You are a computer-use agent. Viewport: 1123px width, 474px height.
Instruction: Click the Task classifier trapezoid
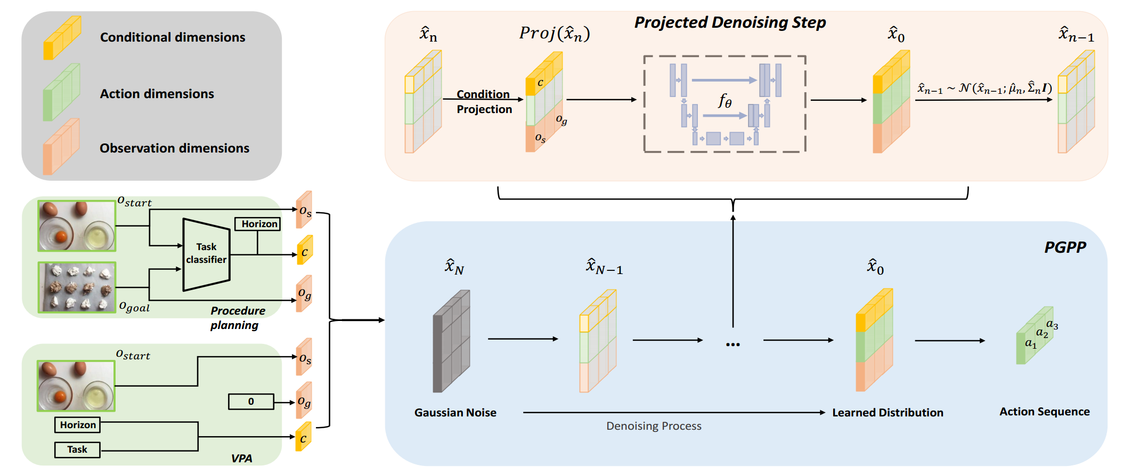pyautogui.click(x=206, y=254)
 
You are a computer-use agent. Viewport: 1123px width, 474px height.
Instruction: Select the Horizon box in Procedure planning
pyautogui.click(x=258, y=224)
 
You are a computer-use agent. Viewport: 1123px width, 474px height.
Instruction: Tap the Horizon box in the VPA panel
pyautogui.click(x=77, y=425)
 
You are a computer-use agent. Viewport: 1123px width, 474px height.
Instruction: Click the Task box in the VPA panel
pyautogui.click(x=77, y=449)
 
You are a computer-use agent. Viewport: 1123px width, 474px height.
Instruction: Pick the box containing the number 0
pyautogui.click(x=251, y=401)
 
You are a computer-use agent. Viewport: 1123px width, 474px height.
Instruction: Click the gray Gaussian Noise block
pyautogui.click(x=451, y=341)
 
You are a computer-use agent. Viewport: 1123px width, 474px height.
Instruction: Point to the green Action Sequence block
pyautogui.click(x=1035, y=336)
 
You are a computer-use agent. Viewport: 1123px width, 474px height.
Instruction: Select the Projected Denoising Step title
pyautogui.click(x=730, y=22)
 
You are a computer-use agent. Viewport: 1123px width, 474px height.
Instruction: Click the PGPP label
pyautogui.click(x=1064, y=247)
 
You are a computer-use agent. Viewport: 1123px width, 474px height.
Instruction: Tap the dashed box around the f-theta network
pyautogui.click(x=725, y=104)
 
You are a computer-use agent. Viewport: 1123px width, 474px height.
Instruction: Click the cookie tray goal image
pyautogui.click(x=77, y=287)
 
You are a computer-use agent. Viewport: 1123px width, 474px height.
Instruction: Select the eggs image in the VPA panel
pyautogui.click(x=76, y=386)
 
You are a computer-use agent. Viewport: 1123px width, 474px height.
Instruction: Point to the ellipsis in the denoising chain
pyautogui.click(x=733, y=344)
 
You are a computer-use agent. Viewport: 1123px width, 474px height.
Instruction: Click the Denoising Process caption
pyautogui.click(x=654, y=426)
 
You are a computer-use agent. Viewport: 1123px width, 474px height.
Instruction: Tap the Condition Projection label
pyautogui.click(x=484, y=102)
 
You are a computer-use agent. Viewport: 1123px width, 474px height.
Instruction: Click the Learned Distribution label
pyautogui.click(x=888, y=412)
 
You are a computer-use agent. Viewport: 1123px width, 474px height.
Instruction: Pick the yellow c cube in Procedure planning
pyautogui.click(x=304, y=251)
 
